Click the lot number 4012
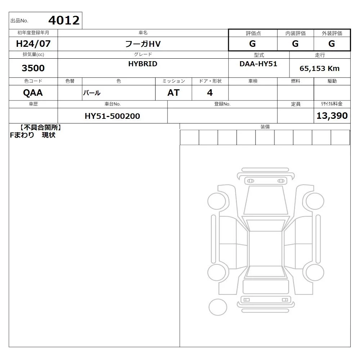click(64, 21)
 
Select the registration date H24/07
click(33, 44)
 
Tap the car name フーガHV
click(143, 44)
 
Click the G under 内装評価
click(295, 44)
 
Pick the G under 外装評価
click(332, 44)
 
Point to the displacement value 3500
click(33, 68)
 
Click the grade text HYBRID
click(143, 64)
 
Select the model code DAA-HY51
click(258, 64)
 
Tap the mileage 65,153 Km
click(319, 68)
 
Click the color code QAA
click(33, 93)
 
